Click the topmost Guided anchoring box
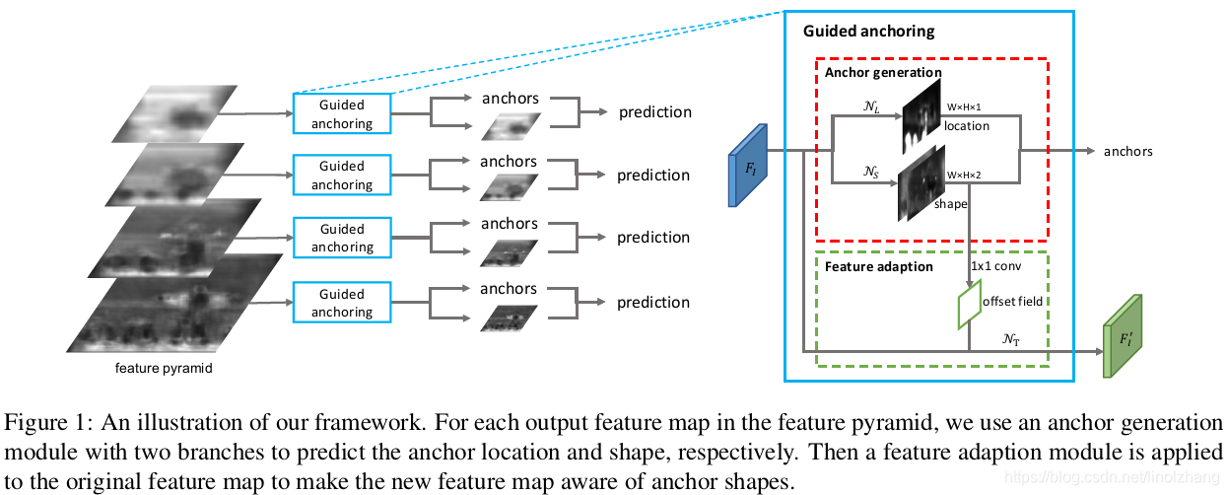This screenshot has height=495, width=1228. [342, 113]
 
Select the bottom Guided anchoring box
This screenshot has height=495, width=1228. [342, 303]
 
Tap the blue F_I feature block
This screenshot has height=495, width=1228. [748, 166]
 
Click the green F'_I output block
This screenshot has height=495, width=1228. [1123, 336]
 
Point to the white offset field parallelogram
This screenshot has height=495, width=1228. [969, 304]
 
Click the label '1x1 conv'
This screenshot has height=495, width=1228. [996, 266]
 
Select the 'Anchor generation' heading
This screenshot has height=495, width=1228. [883, 72]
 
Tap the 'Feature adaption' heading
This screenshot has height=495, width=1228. [879, 266]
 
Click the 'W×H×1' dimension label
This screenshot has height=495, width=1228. [964, 107]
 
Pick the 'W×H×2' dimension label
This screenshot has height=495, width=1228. [964, 176]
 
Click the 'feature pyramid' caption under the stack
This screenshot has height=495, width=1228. [164, 368]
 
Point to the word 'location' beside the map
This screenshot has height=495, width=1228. [967, 126]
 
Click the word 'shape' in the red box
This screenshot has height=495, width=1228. [951, 204]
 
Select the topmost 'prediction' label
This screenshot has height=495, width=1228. [655, 112]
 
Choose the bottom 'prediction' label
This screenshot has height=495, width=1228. [653, 303]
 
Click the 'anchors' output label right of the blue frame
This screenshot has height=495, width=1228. [1128, 152]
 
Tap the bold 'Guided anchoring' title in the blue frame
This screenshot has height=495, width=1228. [869, 32]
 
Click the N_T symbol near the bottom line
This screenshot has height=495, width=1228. [1011, 339]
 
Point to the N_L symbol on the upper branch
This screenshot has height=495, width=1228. [871, 106]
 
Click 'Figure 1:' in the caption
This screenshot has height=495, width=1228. [49, 423]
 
